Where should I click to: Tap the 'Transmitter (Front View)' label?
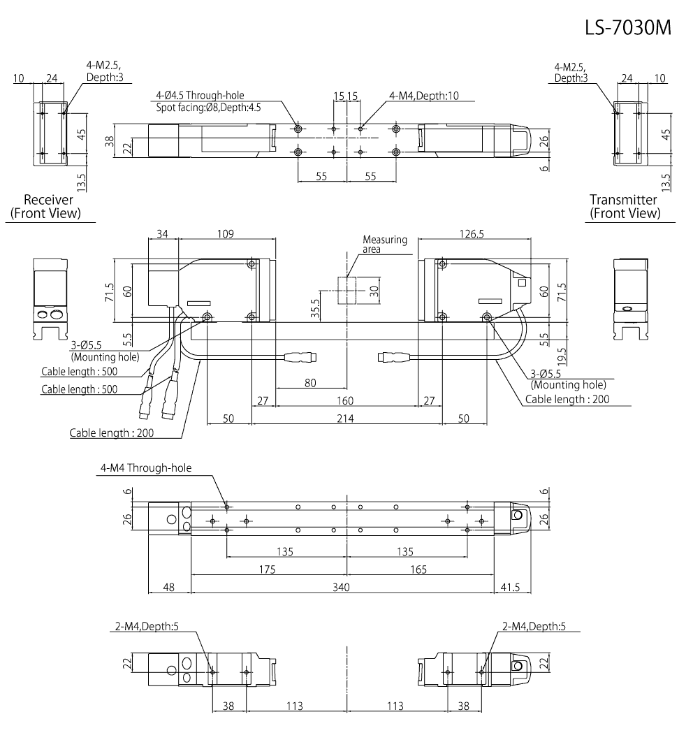tap(624, 206)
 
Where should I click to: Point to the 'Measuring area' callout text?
tap(384, 245)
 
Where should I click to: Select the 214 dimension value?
tap(345, 418)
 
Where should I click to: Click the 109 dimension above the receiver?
tap(224, 233)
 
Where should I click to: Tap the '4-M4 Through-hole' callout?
tap(145, 468)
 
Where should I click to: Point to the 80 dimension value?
tap(311, 382)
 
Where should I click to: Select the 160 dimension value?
tap(345, 400)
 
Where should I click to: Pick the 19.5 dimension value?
tap(544, 348)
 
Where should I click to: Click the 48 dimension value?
tap(168, 588)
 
